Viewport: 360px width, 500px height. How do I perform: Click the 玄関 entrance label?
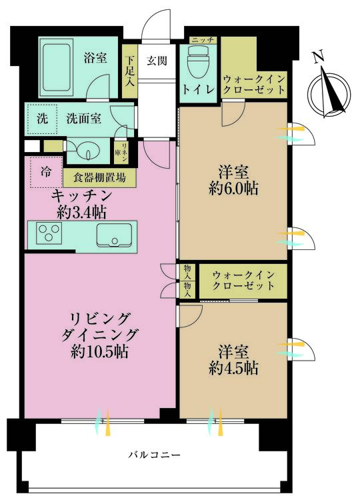(157, 61)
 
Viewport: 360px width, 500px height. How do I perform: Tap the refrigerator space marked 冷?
(43, 171)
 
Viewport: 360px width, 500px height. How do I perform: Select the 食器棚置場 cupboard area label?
(99, 179)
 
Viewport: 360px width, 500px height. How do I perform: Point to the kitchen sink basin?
(113, 235)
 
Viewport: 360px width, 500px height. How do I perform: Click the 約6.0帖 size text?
(233, 189)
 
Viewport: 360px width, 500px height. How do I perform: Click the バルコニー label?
(153, 455)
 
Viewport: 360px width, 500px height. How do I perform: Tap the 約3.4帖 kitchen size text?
(83, 213)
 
